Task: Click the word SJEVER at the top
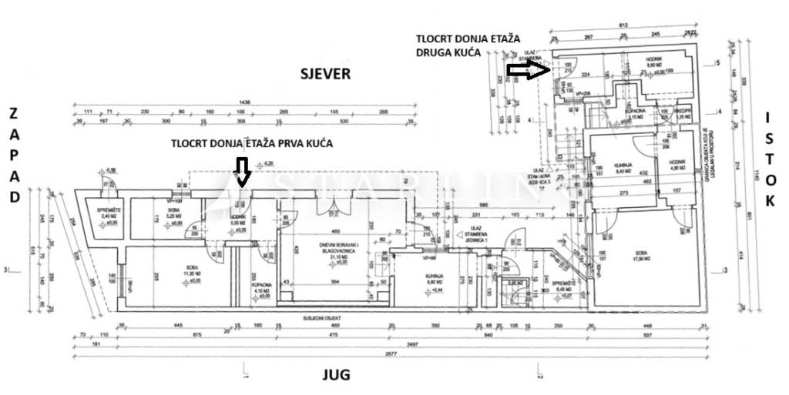tap(325, 74)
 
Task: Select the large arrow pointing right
tap(528, 71)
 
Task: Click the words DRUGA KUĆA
tap(448, 52)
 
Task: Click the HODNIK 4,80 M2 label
tap(677, 163)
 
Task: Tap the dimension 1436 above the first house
tap(246, 102)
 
